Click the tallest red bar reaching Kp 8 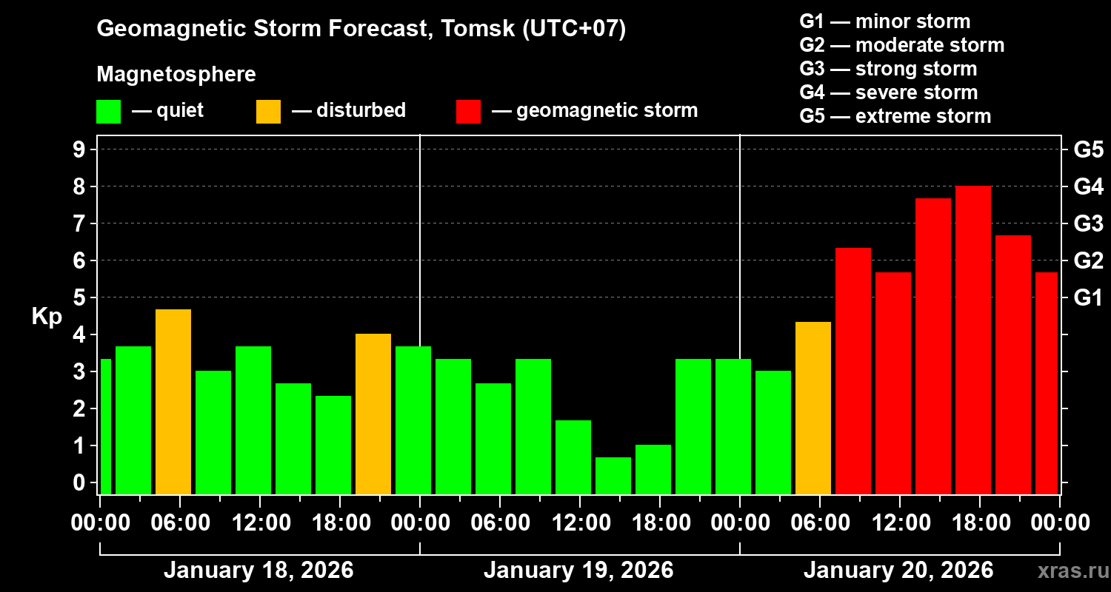point(973,340)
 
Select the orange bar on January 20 point(813,408)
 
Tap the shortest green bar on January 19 point(613,475)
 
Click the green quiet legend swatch point(108,111)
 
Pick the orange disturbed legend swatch point(268,111)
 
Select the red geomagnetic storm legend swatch point(469,111)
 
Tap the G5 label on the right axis point(1088,149)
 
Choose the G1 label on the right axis point(1088,298)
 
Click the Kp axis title point(46,317)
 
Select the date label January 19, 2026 point(578,571)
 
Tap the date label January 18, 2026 point(258,571)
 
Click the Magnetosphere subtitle point(176,75)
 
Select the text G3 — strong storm point(888,69)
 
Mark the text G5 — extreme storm point(895,116)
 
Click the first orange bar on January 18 point(173,402)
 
